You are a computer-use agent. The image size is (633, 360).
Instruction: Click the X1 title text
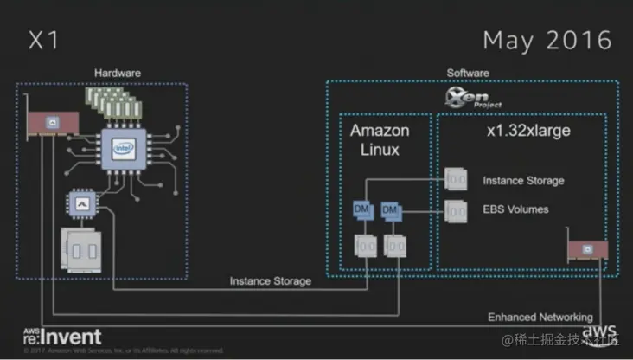pos(44,41)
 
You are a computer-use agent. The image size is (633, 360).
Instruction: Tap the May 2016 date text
pos(547,41)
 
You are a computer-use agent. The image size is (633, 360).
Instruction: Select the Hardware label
pos(118,73)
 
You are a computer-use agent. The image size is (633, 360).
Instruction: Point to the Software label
pos(467,73)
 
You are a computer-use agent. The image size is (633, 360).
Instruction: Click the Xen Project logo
pos(468,95)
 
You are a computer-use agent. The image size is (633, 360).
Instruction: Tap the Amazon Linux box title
pos(380,140)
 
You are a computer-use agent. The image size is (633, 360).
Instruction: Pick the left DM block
pos(361,210)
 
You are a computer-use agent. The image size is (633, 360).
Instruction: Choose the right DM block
pos(389,210)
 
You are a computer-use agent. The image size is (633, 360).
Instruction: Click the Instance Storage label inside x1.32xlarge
pos(523,181)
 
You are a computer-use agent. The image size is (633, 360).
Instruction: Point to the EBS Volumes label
pos(515,209)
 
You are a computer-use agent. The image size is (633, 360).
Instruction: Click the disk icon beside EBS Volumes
pos(456,209)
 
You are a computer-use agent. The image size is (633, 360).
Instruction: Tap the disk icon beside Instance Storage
pos(456,180)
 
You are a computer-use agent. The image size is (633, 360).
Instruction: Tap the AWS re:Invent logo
pos(62,337)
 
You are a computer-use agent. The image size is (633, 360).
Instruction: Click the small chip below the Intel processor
pos(83,205)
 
